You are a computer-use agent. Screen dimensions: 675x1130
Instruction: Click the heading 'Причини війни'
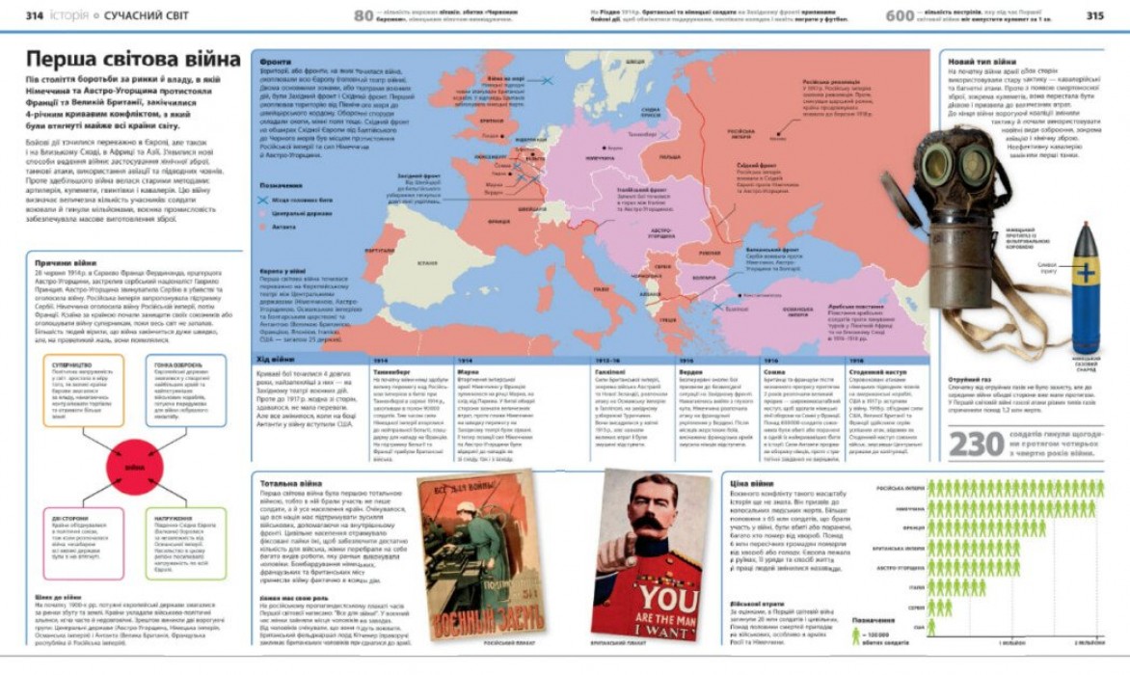[x=67, y=262]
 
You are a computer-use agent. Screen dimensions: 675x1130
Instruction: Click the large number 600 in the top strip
[x=899, y=15]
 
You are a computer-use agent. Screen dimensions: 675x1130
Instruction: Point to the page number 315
[x=1094, y=15]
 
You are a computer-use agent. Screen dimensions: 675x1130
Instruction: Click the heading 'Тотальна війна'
[x=290, y=482]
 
